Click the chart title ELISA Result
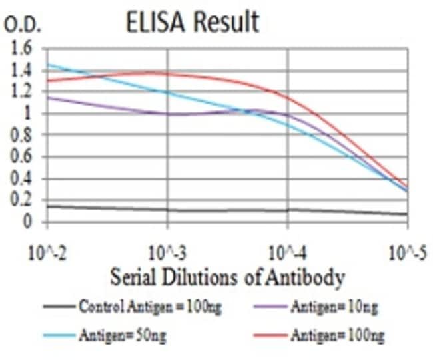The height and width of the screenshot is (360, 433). tap(192, 22)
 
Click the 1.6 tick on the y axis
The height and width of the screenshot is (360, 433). tap(21, 49)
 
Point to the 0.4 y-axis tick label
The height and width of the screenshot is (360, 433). tap(21, 178)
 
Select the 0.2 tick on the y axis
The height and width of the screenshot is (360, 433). tap(21, 200)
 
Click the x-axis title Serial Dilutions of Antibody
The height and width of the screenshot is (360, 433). tap(226, 275)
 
